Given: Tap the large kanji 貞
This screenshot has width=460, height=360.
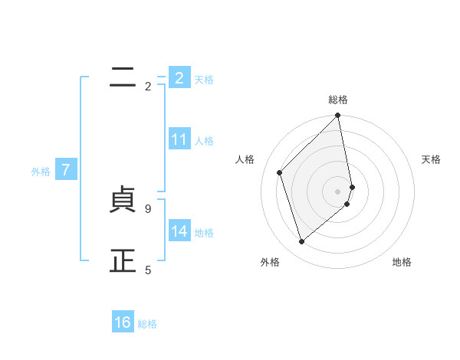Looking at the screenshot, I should pos(123,201).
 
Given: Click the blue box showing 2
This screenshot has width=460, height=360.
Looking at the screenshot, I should pos(179,78).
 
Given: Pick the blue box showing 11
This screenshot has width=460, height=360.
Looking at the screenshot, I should pos(179,139).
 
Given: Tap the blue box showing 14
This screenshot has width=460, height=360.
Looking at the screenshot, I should pos(179,231).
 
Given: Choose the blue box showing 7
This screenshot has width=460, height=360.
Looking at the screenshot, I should pos(67,170).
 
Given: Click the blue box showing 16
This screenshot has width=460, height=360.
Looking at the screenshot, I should pos(123,322).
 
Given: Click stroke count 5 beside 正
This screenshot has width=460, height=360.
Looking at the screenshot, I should pos(148,270).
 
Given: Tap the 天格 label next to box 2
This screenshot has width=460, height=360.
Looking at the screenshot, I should pos(204,79).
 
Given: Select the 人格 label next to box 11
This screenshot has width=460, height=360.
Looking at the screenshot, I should pos(204,140).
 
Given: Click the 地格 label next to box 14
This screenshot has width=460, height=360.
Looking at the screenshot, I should pos(204,232).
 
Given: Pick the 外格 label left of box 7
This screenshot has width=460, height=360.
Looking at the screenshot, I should pos(41,172).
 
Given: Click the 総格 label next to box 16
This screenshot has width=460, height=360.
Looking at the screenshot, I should pos(147,324).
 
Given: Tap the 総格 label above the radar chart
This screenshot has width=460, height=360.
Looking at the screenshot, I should pos(338,100).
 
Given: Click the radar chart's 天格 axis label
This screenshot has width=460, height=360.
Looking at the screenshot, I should pos(432,159).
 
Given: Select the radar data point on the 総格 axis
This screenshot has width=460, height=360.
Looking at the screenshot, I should pos(338,116).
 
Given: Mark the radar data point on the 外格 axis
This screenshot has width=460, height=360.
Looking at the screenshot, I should pos(302,242).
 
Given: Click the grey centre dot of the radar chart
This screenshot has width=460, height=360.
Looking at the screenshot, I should pos(338,191).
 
